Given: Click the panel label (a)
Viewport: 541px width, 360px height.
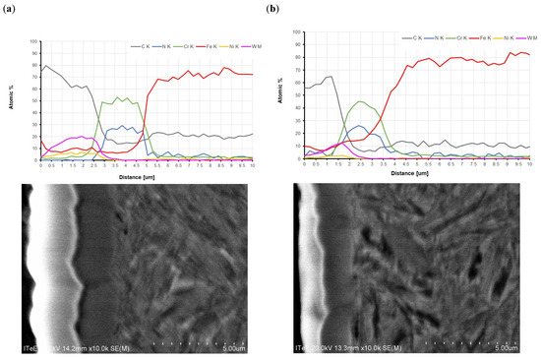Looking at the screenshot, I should tap(12, 12).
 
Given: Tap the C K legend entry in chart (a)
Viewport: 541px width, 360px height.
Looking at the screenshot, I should tap(140, 46).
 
